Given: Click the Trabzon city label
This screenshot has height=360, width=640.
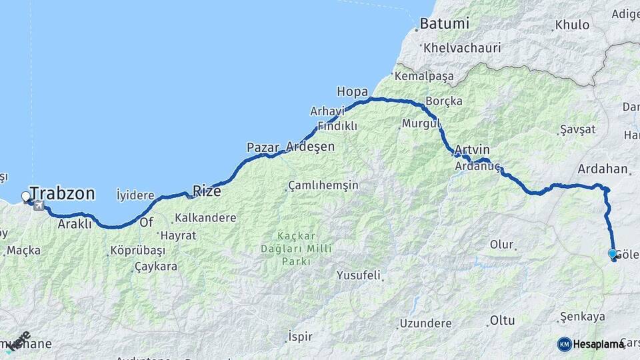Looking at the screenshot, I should tap(62, 194).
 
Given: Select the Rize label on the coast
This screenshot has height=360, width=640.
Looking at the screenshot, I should tap(206, 191).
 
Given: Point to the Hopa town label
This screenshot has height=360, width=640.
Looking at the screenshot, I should tap(353, 91).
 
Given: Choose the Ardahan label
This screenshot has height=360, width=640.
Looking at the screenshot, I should tap(603, 169).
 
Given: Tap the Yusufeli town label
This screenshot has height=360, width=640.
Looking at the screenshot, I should tap(358, 275).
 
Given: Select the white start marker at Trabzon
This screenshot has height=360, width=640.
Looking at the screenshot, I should tap(26, 196).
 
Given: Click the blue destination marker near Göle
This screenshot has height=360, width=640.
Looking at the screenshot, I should tap(613, 253).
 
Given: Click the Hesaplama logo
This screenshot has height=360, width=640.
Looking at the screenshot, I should tap(590, 344).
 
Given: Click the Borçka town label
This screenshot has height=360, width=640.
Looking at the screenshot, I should tap(443, 101).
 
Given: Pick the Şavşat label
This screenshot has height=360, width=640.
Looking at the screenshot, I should tap(577, 129).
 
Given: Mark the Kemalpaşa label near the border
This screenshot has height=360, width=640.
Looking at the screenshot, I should tap(424, 76).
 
